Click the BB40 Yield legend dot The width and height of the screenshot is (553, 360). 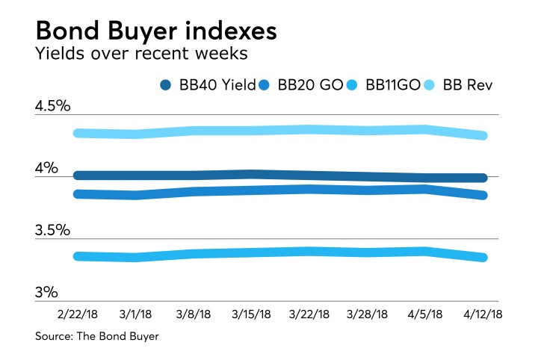point(167,86)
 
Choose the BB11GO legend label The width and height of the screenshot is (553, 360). point(397,86)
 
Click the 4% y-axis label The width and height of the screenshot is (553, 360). point(46,169)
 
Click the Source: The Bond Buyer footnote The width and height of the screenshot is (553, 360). point(96,337)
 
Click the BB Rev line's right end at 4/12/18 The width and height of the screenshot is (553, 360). point(484,136)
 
